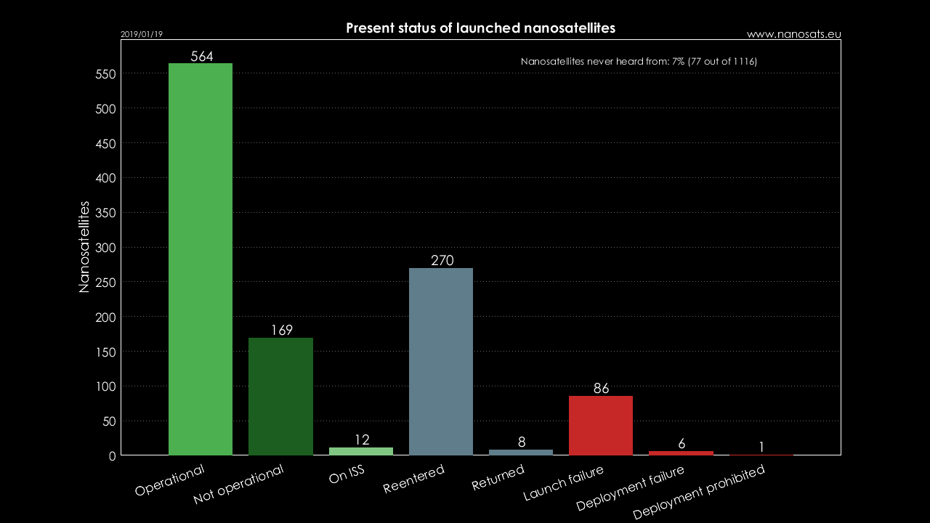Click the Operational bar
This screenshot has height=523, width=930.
tap(201, 259)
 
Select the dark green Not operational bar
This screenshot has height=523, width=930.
tap(280, 397)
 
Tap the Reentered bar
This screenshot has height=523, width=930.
tap(441, 362)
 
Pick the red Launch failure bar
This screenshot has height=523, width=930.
tap(601, 426)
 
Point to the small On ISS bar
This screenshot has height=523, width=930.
tap(361, 451)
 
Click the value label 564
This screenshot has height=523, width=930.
tap(201, 57)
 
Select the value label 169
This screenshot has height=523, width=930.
tap(282, 331)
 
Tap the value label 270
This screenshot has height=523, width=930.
tap(442, 261)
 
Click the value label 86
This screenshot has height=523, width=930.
tap(601, 389)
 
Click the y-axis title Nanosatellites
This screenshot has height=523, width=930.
tap(84, 247)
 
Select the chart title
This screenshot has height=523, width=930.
tap(480, 28)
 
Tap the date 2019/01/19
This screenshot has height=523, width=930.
tap(142, 34)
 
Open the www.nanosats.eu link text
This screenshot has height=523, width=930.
tap(793, 34)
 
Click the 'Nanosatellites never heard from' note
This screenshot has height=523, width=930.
tap(639, 62)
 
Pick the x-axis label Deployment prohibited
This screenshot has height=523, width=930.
tap(698, 492)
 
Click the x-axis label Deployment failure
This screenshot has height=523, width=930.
tap(629, 488)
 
